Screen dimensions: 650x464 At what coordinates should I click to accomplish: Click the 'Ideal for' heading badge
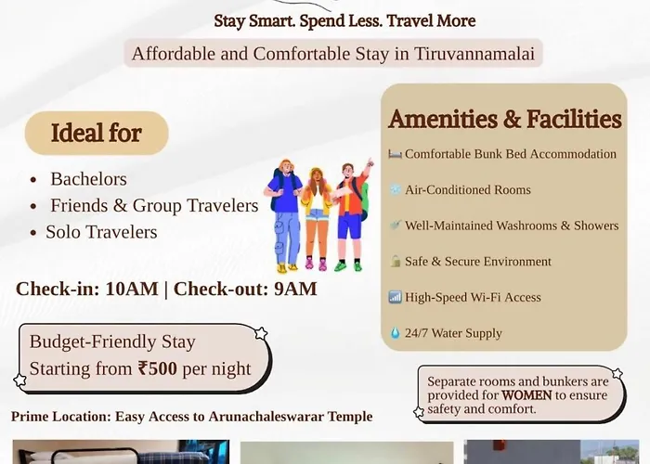97,133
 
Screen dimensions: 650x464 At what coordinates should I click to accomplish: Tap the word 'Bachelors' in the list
89,179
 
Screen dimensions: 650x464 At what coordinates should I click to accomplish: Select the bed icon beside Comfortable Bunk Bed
395,154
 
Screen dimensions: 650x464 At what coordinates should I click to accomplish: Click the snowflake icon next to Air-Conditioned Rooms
395,189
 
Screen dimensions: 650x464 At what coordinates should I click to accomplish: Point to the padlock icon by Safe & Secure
396,261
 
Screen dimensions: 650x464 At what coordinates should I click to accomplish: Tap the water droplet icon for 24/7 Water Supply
395,333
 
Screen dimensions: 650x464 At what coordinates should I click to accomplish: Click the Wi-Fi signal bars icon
395,297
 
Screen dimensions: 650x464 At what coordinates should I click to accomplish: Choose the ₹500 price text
158,368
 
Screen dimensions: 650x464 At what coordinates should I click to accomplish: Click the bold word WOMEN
526,395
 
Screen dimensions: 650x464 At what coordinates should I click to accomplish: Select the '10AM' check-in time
132,289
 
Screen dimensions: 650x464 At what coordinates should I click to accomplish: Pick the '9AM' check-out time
295,289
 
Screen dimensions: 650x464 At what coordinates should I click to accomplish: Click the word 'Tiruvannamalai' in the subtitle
474,54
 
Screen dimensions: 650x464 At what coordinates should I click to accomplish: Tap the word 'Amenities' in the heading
442,119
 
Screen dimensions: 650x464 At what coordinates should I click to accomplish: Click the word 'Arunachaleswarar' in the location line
266,417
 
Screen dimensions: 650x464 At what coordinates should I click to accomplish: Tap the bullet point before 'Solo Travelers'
33,233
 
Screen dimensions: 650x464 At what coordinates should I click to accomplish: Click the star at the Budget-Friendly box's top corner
261,333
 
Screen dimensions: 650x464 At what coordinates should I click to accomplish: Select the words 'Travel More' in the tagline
431,20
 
